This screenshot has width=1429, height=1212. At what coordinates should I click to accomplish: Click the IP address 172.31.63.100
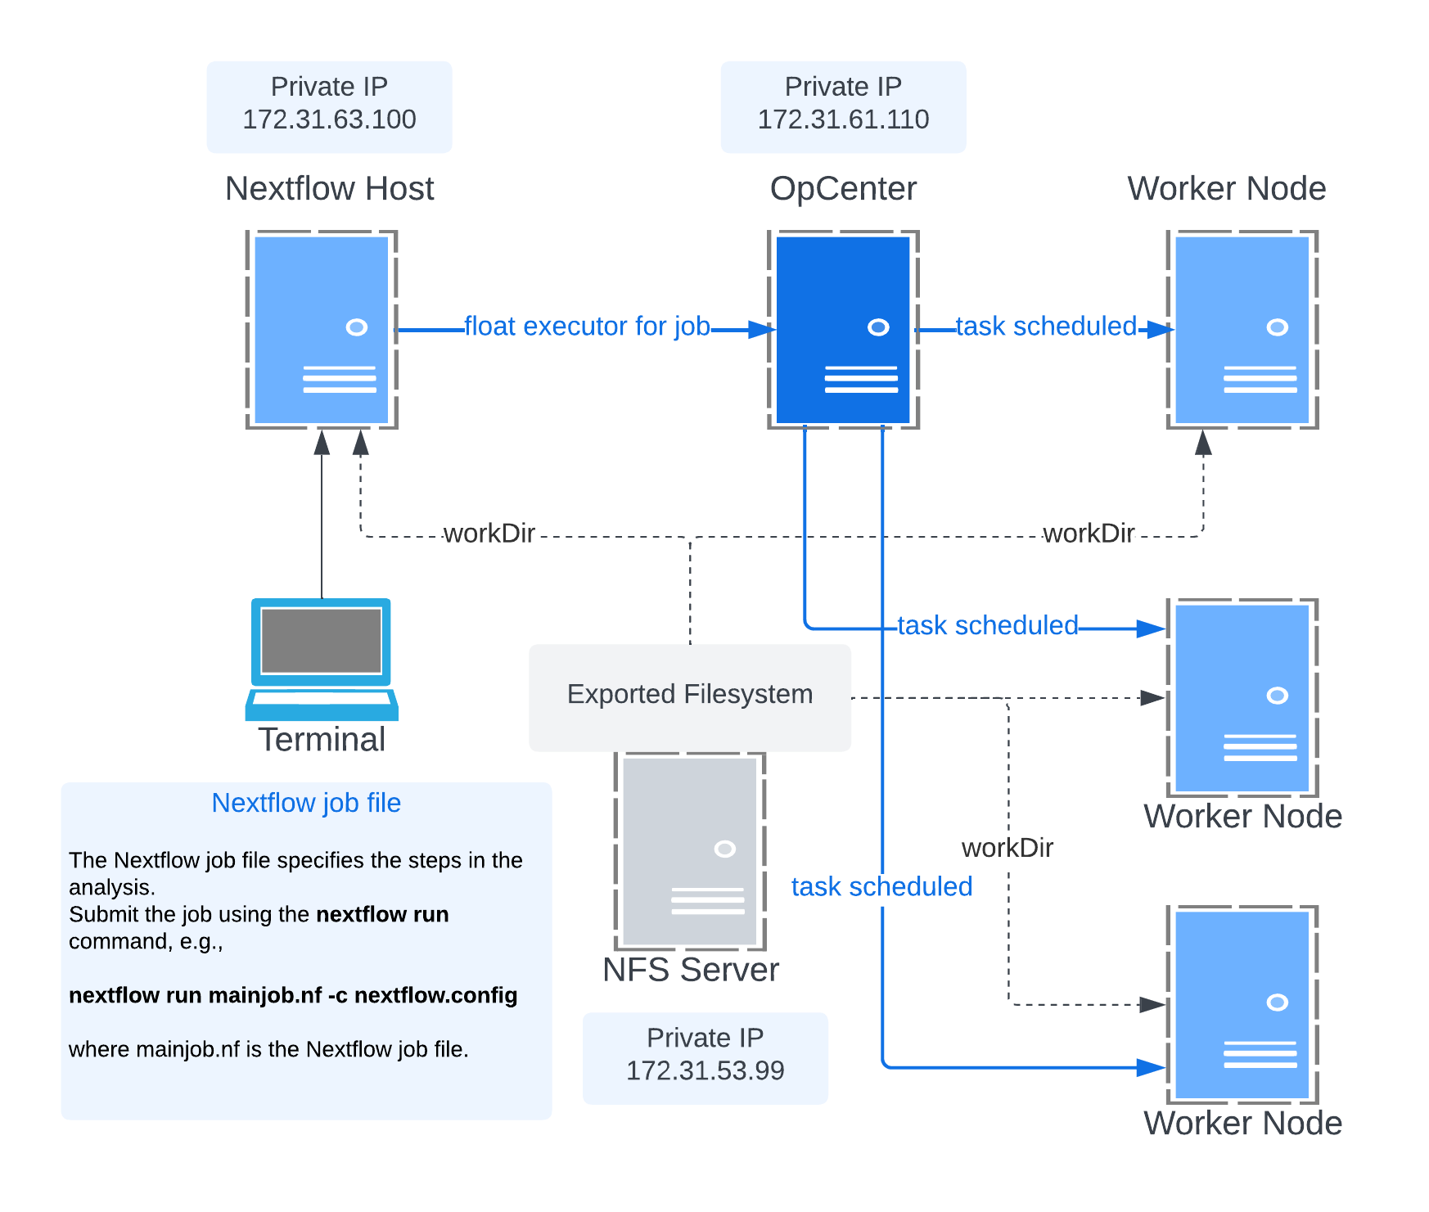(329, 120)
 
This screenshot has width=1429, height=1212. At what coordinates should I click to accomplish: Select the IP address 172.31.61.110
(843, 120)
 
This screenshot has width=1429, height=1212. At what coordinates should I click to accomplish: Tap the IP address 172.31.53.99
(705, 1070)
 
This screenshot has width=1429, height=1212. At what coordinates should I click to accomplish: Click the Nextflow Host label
(329, 189)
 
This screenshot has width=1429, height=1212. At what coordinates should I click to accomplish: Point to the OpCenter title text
(843, 189)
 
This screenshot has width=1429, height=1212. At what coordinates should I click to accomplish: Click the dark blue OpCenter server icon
(843, 329)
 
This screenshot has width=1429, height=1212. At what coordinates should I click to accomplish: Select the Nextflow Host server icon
(322, 329)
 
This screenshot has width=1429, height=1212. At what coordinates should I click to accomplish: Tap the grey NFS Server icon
(690, 851)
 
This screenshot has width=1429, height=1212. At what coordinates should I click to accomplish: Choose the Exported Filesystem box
(690, 695)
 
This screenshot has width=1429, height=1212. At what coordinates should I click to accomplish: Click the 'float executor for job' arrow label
(587, 327)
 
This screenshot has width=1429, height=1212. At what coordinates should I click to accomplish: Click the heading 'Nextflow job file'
(306, 803)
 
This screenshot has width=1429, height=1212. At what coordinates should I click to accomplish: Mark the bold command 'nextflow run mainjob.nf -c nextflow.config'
(293, 995)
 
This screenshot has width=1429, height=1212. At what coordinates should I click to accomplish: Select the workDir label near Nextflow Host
(489, 534)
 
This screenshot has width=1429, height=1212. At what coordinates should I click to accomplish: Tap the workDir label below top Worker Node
(1089, 534)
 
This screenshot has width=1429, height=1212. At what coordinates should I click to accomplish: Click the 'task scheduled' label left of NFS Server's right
(881, 887)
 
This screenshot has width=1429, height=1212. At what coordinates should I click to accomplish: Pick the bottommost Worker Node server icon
(1242, 1004)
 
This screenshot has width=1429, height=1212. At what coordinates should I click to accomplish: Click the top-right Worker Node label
(1226, 189)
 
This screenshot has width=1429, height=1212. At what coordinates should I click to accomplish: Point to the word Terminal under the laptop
(322, 740)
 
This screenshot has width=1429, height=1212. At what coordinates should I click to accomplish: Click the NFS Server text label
(691, 971)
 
